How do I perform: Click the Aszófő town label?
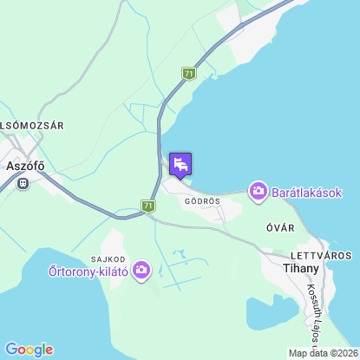(x=24, y=165)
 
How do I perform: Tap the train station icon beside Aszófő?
(x=22, y=183)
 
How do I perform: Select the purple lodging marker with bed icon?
(x=180, y=164)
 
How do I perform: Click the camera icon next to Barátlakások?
(x=258, y=191)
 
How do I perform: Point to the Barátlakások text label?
(x=308, y=191)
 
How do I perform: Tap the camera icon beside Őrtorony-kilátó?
(x=141, y=272)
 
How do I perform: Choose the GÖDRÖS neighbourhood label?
(x=202, y=200)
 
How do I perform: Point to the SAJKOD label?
(x=108, y=259)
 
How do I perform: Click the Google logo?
(x=29, y=349)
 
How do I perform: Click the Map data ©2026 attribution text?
(x=322, y=353)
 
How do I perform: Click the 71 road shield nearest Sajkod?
(x=148, y=206)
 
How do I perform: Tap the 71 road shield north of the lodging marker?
(x=188, y=75)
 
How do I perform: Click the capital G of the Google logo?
(x=11, y=349)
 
